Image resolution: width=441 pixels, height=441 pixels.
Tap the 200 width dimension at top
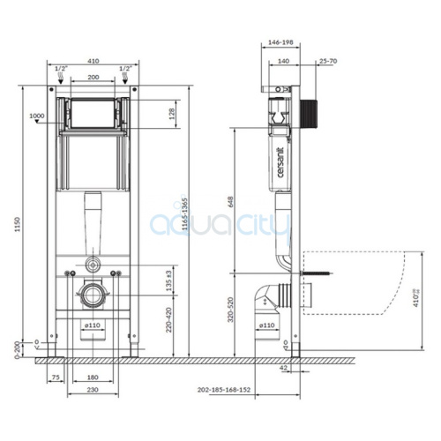pyautogui.click(x=92, y=78)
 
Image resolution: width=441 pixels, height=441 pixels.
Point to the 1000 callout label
pyautogui.click(x=36, y=116)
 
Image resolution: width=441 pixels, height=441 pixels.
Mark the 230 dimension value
pyautogui.click(x=93, y=390)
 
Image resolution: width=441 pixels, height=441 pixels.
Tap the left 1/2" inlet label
pyautogui.click(x=60, y=68)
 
